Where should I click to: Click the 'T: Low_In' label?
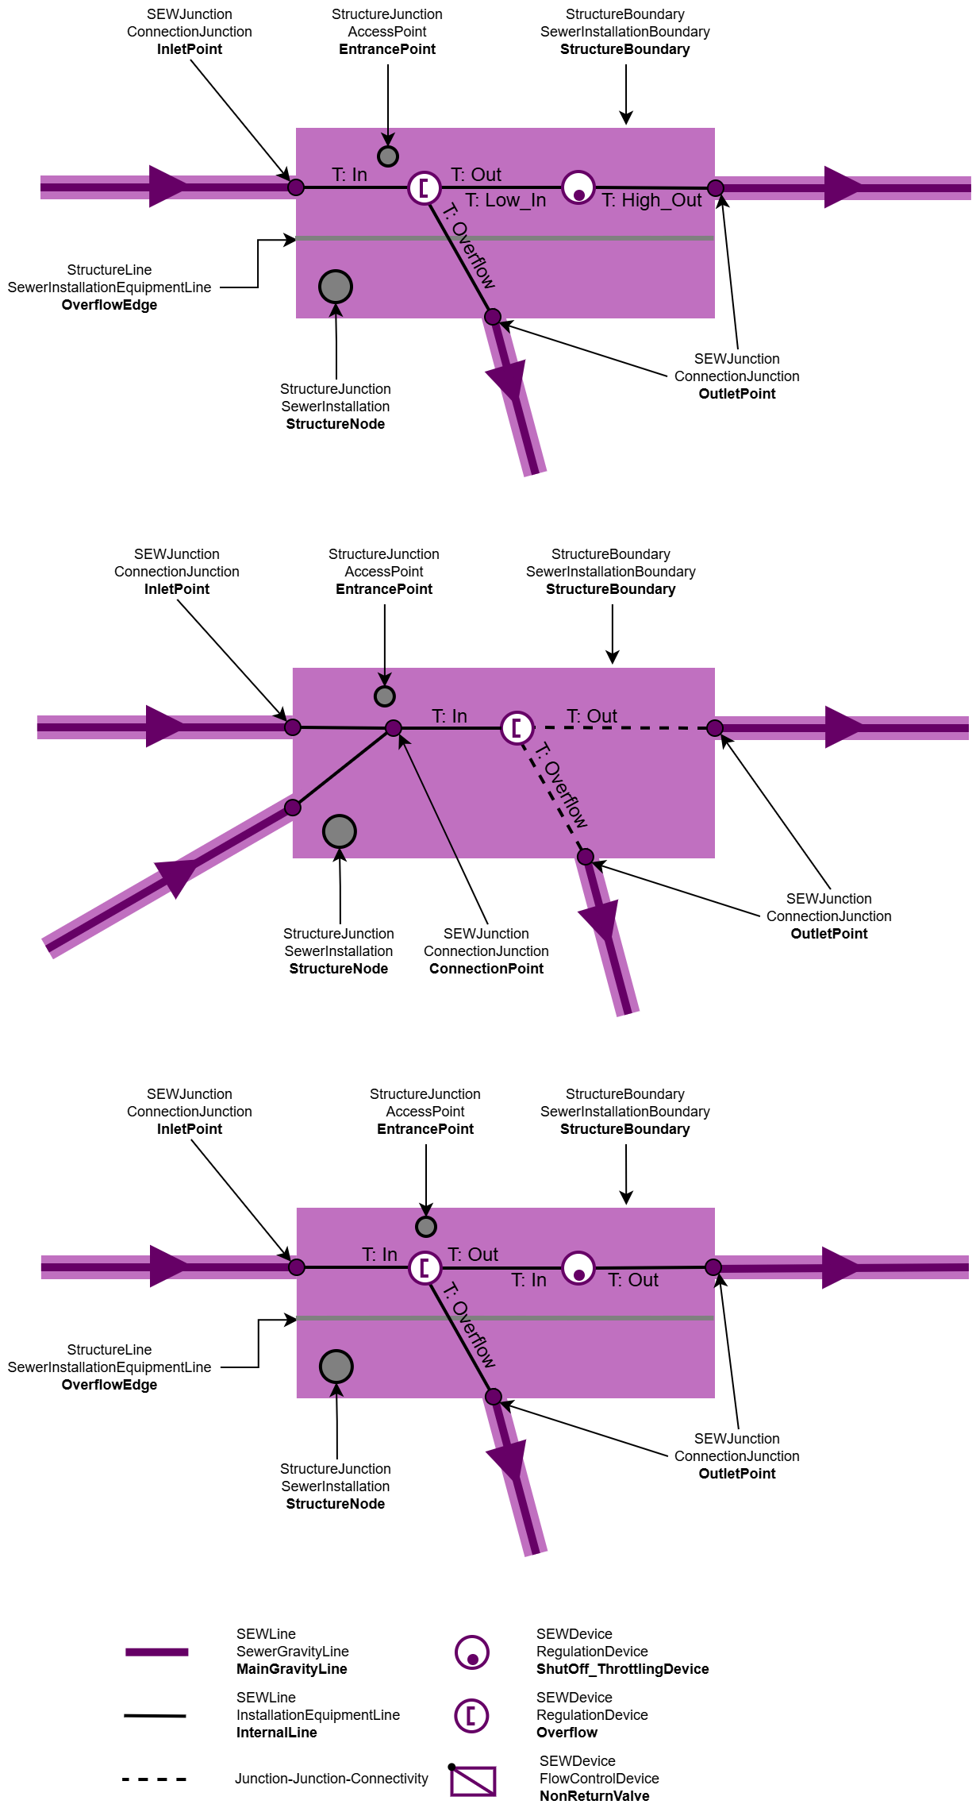point(505,200)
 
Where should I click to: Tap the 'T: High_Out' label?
point(651,200)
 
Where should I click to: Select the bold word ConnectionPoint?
point(486,969)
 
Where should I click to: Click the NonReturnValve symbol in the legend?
point(473,1780)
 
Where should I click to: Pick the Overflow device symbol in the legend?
point(471,1715)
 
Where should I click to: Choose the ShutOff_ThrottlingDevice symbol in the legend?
point(472,1652)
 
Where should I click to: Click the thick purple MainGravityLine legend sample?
point(156,1652)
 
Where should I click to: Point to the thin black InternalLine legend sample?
point(155,1716)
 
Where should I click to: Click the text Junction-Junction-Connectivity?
point(331,1779)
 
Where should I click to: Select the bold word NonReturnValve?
point(594,1796)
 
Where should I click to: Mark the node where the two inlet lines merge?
point(393,728)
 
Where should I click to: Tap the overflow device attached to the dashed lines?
point(517,727)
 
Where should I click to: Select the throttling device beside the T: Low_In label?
point(578,188)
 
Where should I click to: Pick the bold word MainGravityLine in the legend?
point(291,1669)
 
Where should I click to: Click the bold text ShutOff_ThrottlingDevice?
point(622,1669)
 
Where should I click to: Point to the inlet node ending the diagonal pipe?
point(293,808)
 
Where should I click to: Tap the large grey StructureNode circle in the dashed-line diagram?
point(340,831)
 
